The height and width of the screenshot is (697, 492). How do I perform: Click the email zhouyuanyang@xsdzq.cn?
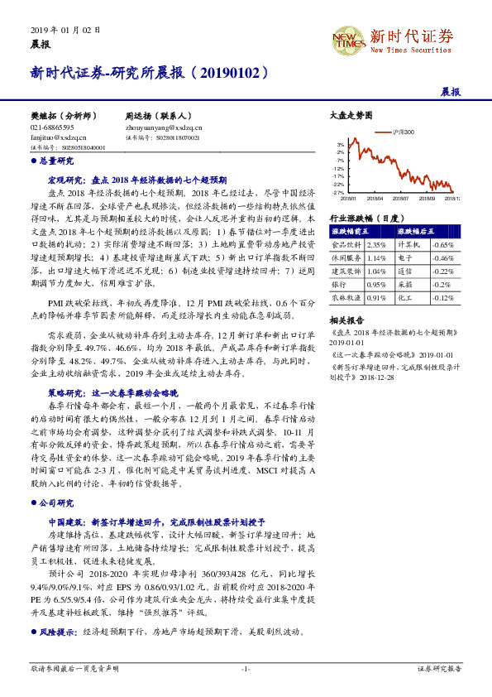point(164,128)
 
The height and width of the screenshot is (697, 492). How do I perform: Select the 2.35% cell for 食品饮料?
point(376,245)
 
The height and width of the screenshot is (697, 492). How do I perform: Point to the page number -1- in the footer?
point(246,668)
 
